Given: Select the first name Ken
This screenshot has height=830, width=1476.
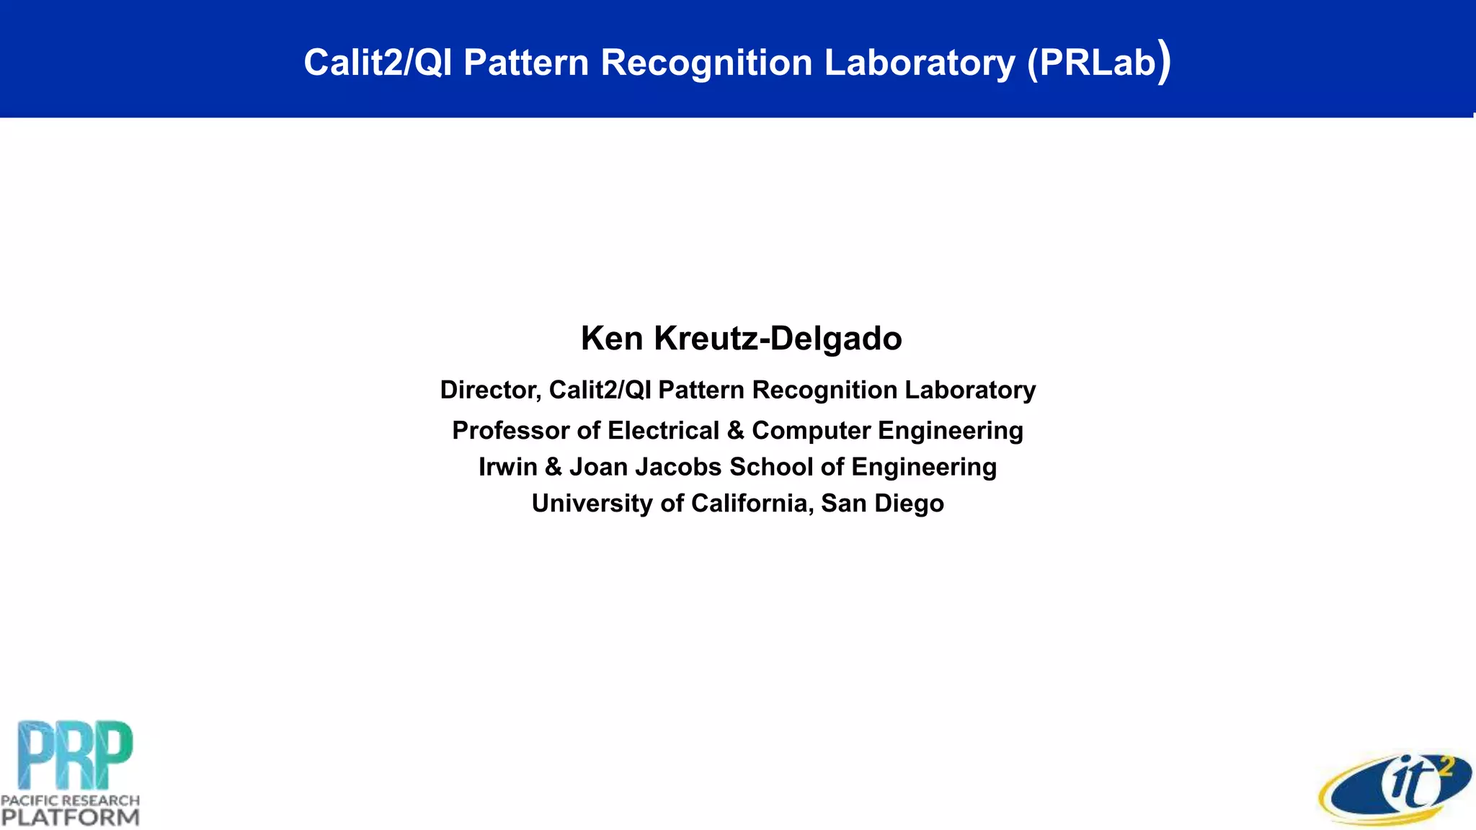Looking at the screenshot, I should pyautogui.click(x=612, y=339).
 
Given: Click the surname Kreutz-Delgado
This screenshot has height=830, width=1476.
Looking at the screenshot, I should pyautogui.click(x=778, y=339).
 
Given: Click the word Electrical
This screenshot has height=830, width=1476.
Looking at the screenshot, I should pyautogui.click(x=663, y=431).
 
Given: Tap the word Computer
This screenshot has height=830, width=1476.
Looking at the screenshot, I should pyautogui.click(x=811, y=431).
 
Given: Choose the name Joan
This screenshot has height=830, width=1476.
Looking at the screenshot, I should pyautogui.click(x=598, y=467).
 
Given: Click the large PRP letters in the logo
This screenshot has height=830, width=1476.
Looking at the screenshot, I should pyautogui.click(x=75, y=754).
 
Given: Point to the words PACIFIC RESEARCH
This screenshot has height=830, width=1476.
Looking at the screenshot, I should pyautogui.click(x=70, y=800).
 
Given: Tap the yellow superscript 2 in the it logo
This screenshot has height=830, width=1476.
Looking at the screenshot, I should pyautogui.click(x=1444, y=768).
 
